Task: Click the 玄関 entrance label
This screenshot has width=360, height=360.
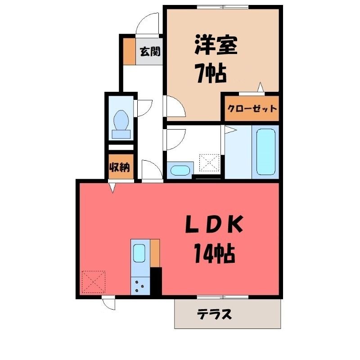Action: [150, 51]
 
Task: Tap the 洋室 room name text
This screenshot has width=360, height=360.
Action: [216, 45]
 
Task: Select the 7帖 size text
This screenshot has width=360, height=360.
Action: [211, 73]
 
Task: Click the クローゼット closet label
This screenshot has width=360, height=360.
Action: [252, 108]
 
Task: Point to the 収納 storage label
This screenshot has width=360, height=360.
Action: [120, 167]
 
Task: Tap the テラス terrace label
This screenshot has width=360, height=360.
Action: [215, 314]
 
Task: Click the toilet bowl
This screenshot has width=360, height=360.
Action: [121, 125]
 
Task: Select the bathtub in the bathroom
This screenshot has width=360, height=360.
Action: [265, 152]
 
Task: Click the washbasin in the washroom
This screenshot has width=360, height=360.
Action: [180, 171]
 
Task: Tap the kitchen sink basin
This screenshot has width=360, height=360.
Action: [139, 253]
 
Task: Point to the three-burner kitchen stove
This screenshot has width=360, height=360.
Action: [140, 286]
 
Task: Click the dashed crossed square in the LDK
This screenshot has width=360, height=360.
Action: [94, 282]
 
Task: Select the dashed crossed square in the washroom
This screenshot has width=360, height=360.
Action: [209, 163]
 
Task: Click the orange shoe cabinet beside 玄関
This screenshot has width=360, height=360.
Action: [129, 51]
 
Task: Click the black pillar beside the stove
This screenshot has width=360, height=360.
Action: [156, 281]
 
